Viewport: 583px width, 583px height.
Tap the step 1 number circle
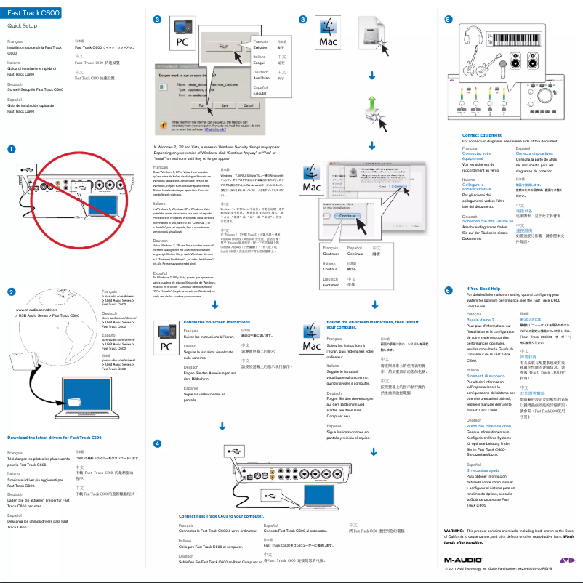click(11, 149)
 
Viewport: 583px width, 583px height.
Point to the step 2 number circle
click(11, 291)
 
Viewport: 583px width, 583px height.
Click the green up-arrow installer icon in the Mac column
click(371, 105)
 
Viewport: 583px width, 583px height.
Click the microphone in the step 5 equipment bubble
click(502, 66)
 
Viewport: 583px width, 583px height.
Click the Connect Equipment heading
click(481, 134)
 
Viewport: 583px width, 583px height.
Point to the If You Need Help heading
click(488, 288)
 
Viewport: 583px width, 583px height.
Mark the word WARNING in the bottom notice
click(455, 531)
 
